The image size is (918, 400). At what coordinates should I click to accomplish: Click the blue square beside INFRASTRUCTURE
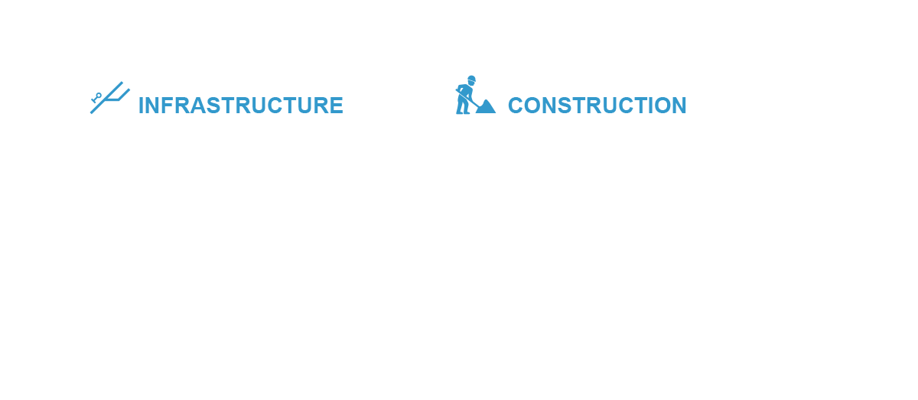tap(111, 100)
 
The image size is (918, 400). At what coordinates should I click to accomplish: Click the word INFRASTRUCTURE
tap(241, 106)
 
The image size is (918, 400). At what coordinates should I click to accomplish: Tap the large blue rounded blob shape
tap(476, 103)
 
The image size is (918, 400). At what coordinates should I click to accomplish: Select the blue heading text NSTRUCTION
tap(614, 106)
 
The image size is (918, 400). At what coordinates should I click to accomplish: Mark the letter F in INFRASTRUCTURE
tap(168, 106)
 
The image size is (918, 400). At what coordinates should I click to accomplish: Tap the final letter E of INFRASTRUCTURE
tap(336, 106)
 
